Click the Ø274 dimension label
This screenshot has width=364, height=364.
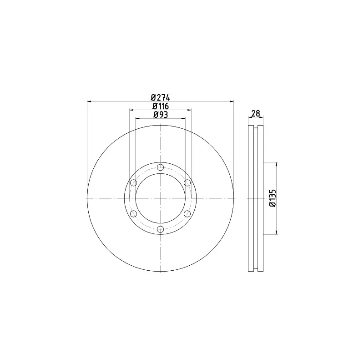tap(161, 97)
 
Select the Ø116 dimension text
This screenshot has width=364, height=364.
tap(161, 106)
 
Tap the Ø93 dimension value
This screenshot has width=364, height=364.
tap(161, 115)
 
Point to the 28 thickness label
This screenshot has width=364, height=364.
tap(256, 113)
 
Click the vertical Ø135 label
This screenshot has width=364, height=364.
tap(273, 198)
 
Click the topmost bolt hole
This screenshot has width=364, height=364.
tap(161, 167)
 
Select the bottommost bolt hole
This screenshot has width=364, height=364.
tap(161, 229)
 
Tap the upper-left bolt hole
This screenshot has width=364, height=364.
tap(133, 183)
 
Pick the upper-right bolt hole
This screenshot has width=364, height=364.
tap(187, 183)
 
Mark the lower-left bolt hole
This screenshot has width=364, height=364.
tap(133, 214)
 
